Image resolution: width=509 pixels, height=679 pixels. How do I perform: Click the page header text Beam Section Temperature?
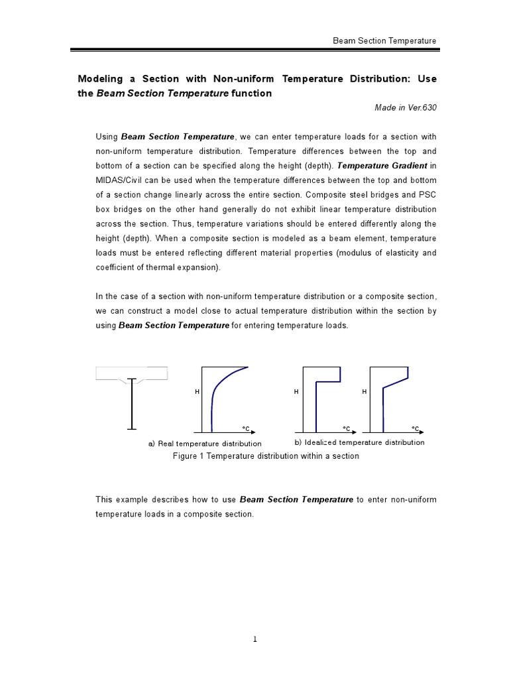pos(384,41)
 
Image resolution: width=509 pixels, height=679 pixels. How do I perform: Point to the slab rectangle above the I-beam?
pos(132,373)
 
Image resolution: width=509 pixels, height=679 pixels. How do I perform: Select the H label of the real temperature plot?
pos(197,393)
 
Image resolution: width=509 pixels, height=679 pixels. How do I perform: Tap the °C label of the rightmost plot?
pos(415,428)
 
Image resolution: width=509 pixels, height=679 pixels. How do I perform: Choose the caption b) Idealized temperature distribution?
pos(359,442)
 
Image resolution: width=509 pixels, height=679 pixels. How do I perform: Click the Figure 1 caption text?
pos(265,456)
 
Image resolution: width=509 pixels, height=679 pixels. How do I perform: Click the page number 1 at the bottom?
pos(254,639)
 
